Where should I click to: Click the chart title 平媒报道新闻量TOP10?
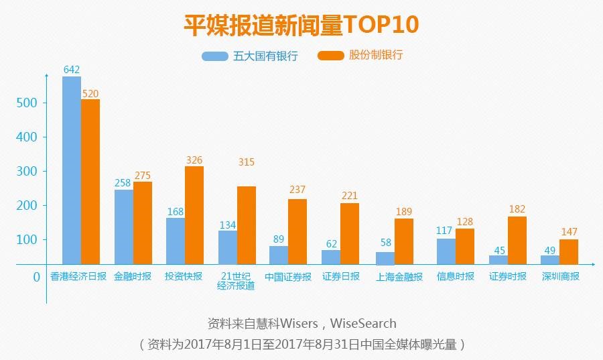(301, 24)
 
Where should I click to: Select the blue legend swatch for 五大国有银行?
(215, 56)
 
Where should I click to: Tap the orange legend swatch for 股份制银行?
(330, 56)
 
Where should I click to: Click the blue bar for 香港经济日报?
(72, 170)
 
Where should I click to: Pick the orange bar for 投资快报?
(194, 215)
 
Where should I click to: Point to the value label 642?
(72, 70)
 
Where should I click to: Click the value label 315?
(247, 162)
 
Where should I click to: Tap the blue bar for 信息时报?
(446, 251)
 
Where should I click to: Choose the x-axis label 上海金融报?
(399, 276)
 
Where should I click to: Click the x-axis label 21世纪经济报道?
(237, 281)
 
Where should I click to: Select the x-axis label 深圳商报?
(560, 276)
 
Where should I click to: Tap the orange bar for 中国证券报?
(297, 231)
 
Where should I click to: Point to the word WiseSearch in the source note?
(362, 323)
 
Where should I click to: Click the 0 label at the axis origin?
(37, 276)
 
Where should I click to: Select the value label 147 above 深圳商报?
(569, 232)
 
